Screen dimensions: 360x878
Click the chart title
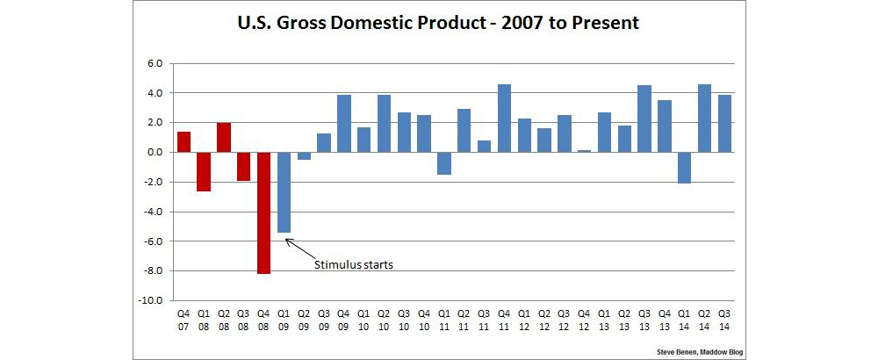pyautogui.click(x=438, y=24)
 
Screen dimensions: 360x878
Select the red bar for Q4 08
pyautogui.click(x=263, y=212)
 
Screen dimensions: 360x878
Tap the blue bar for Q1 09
pyautogui.click(x=284, y=192)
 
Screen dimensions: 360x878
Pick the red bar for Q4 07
pyautogui.click(x=184, y=141)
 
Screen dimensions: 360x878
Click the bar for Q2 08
pyautogui.click(x=223, y=137)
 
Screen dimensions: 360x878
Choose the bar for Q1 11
pyautogui.click(x=443, y=162)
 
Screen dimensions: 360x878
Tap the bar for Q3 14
pyautogui.click(x=724, y=123)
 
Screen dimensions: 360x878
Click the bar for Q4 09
pyautogui.click(x=343, y=123)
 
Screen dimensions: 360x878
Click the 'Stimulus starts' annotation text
pyautogui.click(x=353, y=263)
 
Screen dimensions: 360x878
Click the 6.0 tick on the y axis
pyautogui.click(x=155, y=63)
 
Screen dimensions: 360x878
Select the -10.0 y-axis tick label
pyautogui.click(x=150, y=300)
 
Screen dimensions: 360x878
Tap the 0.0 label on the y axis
pyautogui.click(x=155, y=152)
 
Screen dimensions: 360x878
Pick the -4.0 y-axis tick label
pyautogui.click(x=152, y=212)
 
